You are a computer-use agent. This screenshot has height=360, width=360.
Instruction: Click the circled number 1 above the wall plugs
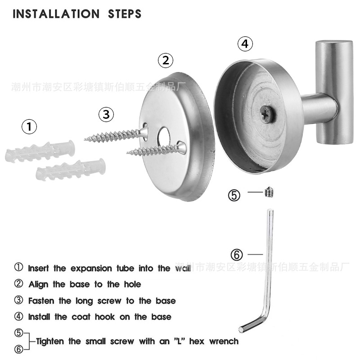30,127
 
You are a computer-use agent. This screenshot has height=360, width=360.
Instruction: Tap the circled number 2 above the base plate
166,60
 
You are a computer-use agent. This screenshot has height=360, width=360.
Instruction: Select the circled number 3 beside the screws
106,114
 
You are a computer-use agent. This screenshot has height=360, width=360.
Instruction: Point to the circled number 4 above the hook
244,44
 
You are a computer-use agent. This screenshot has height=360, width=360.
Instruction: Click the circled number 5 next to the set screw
235,195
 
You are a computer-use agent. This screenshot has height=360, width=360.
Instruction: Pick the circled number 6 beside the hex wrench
237,254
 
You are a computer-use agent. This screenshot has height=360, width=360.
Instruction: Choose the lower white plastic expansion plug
71,168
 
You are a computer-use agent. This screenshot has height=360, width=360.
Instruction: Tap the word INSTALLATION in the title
56,14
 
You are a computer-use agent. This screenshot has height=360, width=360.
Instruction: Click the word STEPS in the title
125,14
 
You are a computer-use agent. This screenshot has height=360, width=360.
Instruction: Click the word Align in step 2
39,284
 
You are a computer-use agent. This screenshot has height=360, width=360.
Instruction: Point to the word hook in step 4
106,316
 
